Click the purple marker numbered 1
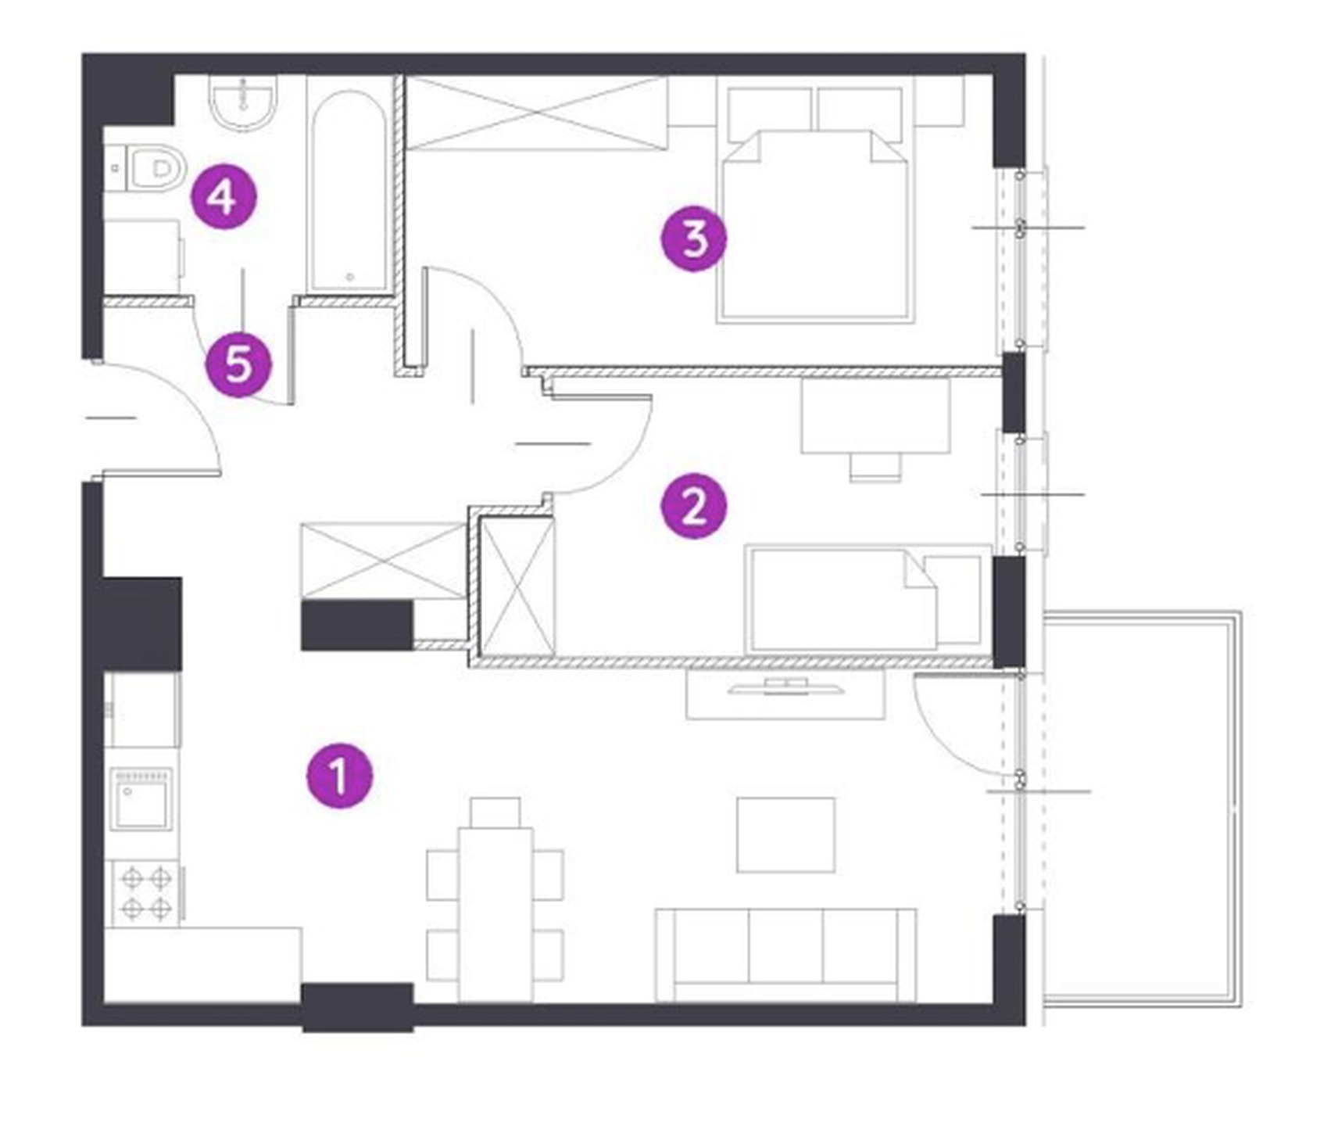coord(339,775)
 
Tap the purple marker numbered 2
coord(693,506)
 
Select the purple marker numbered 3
coord(693,238)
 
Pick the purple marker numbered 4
coord(224,196)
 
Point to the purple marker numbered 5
coord(238,364)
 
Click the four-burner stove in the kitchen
coord(146,893)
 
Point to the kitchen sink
coord(141,798)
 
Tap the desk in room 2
coord(875,416)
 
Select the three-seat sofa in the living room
coord(785,955)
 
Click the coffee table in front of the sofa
coord(785,834)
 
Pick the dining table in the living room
coord(495,914)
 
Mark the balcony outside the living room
coord(1142,809)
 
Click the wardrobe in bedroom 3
coord(537,113)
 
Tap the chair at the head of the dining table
coord(495,812)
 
